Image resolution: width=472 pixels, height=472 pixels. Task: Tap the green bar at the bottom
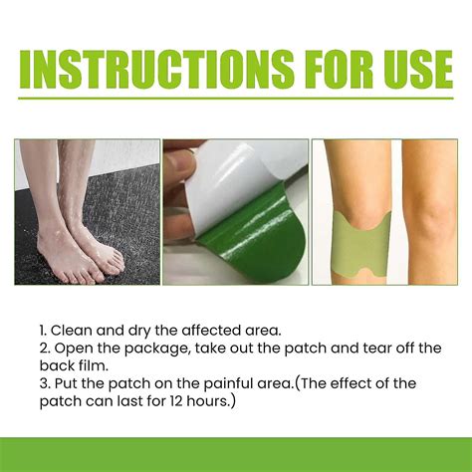(236, 454)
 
